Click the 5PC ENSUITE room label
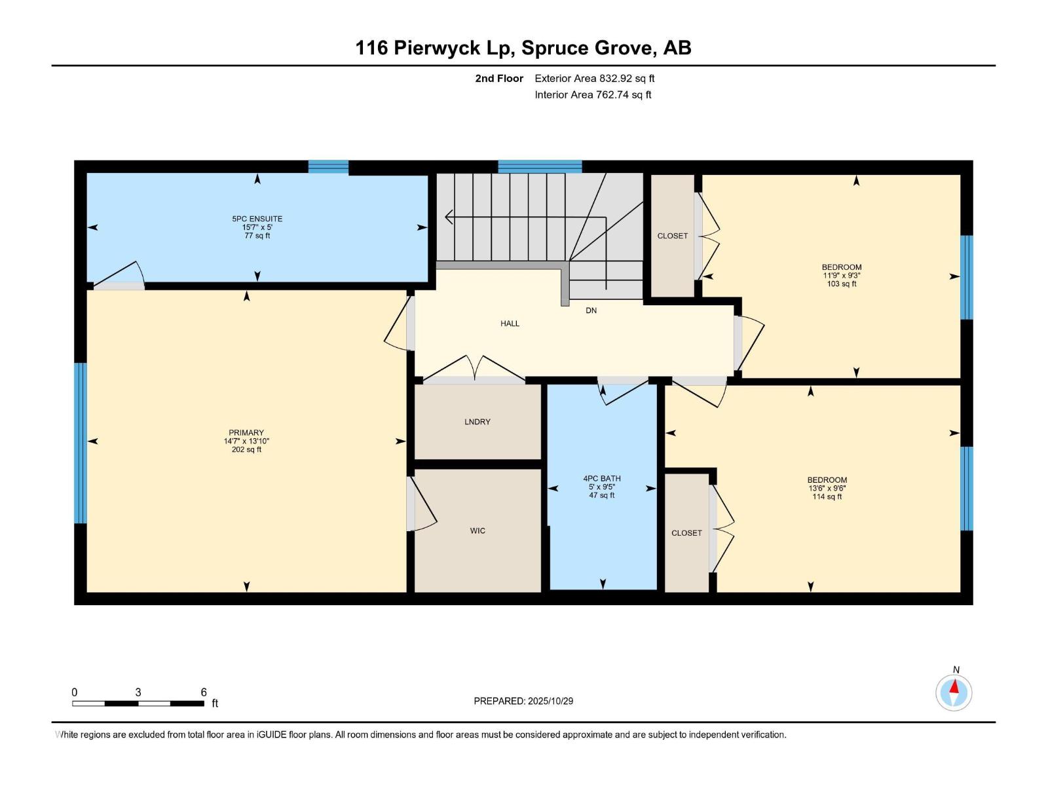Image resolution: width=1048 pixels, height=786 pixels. point(257,219)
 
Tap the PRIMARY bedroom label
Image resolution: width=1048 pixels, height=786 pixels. point(246,433)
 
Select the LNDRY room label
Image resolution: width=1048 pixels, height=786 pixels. point(477,422)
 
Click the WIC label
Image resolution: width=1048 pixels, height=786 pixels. point(477,531)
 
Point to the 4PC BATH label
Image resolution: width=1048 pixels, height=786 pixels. point(602,479)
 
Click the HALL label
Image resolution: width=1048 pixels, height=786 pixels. point(510,324)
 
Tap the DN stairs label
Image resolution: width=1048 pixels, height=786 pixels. point(591,310)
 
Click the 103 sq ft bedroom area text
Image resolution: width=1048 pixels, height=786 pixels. point(842,284)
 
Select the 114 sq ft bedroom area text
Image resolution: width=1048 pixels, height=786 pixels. point(827,496)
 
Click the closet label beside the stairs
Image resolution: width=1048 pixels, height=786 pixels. point(673,236)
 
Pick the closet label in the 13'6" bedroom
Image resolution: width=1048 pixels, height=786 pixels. point(686,533)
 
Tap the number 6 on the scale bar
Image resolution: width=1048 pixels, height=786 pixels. point(204,692)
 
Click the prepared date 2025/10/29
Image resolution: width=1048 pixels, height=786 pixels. point(550,701)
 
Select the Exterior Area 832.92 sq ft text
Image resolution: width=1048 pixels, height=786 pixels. point(594,79)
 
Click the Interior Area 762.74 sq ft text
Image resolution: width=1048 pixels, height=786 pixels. point(593,95)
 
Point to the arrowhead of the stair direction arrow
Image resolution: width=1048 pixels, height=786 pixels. point(448,217)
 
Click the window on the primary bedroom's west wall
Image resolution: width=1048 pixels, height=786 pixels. point(80,443)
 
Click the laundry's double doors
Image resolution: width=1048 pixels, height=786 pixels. point(474,370)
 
